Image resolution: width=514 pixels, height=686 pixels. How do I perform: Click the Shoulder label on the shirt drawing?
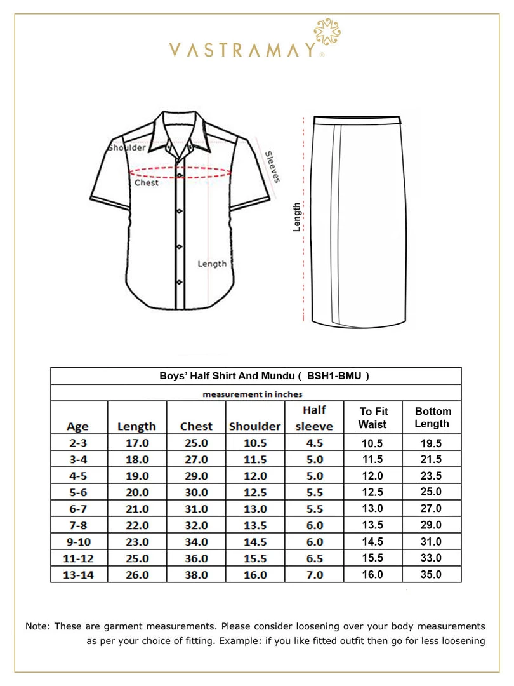pyautogui.click(x=128, y=147)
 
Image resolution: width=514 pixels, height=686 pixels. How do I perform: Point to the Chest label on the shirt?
pyautogui.click(x=147, y=183)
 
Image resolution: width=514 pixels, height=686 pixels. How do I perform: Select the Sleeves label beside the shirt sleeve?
pyautogui.click(x=272, y=166)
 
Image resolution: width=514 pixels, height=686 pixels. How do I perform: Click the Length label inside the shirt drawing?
pyautogui.click(x=211, y=264)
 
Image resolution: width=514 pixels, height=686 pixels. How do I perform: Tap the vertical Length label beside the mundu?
pyautogui.click(x=296, y=217)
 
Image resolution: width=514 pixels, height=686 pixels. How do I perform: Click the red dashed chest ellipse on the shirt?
pyautogui.click(x=180, y=171)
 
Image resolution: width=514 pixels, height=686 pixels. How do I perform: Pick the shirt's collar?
pyautogui.click(x=180, y=130)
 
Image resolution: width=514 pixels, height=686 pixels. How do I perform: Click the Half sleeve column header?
pyautogui.click(x=314, y=418)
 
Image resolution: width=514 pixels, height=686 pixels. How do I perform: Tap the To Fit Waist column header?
pyautogui.click(x=372, y=418)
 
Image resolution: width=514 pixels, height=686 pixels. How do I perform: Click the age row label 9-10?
pyautogui.click(x=79, y=542)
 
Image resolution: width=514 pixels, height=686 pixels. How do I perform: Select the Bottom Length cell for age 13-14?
pyautogui.click(x=432, y=575)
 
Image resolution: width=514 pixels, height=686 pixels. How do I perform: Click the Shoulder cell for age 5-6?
pyautogui.click(x=254, y=492)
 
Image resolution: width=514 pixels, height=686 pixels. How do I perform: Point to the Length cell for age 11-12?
pyautogui.click(x=137, y=558)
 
